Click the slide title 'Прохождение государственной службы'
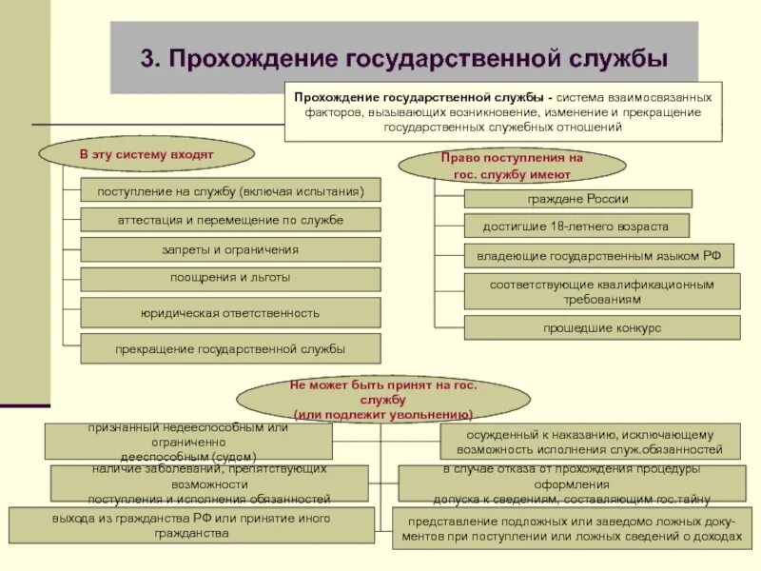[418, 58]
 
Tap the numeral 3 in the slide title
[147, 58]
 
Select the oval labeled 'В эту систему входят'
[146, 154]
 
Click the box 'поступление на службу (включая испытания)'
[230, 190]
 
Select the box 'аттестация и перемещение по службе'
[230, 220]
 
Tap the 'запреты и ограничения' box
[230, 249]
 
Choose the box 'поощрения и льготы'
[230, 279]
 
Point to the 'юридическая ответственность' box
[230, 312]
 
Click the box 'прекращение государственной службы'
[230, 348]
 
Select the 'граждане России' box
[577, 199]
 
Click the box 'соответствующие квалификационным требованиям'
[601, 291]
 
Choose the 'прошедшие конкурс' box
[601, 328]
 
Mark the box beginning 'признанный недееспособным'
[188, 441]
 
